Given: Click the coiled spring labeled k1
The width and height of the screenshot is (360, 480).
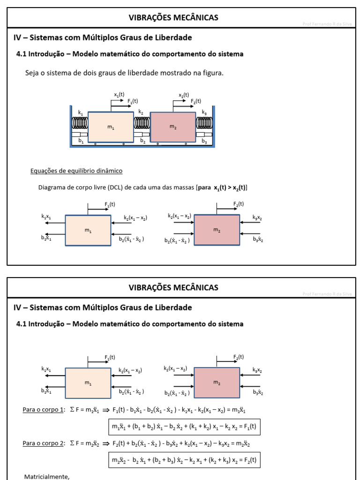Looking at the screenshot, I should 80,123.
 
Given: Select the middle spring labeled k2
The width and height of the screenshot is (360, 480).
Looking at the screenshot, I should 142,123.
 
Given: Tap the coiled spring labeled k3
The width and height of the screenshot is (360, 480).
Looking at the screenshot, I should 204,123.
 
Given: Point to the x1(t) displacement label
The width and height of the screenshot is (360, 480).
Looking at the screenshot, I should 119,95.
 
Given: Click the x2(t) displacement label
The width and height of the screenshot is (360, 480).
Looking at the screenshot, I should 184,95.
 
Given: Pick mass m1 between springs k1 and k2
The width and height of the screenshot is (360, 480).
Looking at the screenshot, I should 111,127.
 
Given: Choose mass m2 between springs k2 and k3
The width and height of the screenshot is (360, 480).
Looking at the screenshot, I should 172,127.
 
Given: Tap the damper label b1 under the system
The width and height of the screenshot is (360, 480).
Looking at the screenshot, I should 81,141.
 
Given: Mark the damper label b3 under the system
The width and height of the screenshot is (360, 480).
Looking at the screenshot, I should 204,141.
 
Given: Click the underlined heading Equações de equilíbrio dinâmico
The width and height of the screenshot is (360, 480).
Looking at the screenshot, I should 76,171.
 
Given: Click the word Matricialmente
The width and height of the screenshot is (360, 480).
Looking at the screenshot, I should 46,477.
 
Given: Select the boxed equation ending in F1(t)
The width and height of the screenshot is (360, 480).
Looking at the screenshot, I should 184,427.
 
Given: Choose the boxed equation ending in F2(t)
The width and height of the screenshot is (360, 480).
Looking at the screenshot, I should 184,460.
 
